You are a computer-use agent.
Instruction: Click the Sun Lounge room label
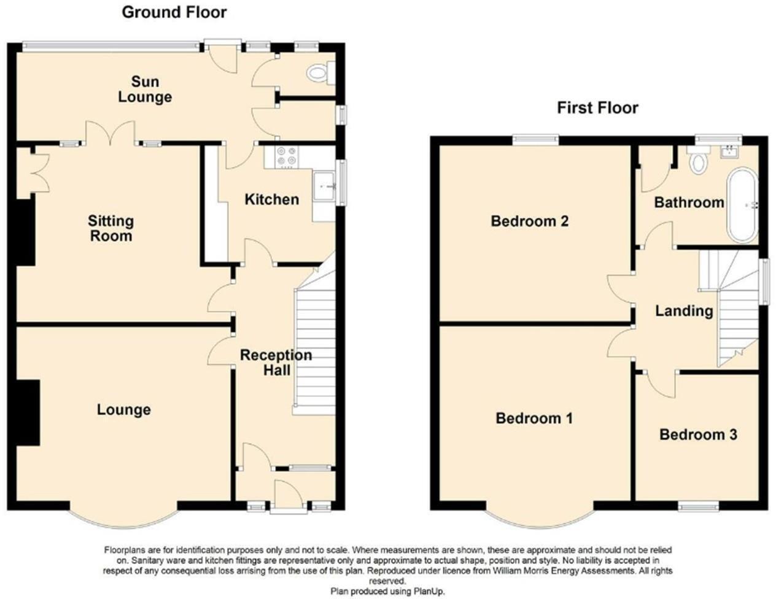144,90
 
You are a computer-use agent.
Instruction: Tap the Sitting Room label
111,228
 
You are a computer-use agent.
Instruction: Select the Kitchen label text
271,199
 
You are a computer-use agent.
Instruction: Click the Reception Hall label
276,363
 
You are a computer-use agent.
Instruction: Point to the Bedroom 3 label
698,435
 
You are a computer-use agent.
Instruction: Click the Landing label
684,311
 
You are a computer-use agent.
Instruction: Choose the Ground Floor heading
174,12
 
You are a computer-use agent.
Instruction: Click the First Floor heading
597,108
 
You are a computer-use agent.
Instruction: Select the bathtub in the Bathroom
743,205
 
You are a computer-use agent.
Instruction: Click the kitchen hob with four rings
286,157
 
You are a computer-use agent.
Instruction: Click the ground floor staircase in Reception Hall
315,350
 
